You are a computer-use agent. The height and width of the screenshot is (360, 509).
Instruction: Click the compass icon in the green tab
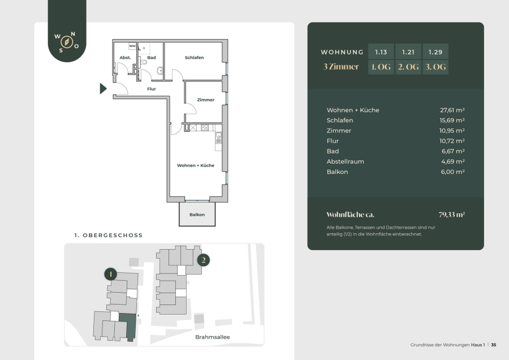click(x=67, y=42)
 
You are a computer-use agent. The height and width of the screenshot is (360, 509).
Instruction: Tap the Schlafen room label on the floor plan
click(x=194, y=58)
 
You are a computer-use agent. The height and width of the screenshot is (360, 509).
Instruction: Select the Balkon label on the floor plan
click(x=197, y=215)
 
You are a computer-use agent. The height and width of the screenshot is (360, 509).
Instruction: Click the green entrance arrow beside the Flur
click(x=103, y=88)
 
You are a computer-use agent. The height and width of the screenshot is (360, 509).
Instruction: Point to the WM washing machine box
click(x=132, y=46)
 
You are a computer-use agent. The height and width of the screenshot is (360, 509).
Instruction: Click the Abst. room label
click(x=126, y=58)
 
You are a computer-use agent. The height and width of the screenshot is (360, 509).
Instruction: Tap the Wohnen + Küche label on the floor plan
click(x=196, y=165)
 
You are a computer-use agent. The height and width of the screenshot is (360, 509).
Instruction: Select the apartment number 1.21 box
click(x=408, y=52)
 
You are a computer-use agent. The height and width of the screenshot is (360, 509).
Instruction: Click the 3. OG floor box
click(x=435, y=67)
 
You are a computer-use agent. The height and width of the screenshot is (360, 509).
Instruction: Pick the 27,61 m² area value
click(x=452, y=110)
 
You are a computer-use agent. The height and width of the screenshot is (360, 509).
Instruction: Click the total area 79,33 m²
click(x=451, y=215)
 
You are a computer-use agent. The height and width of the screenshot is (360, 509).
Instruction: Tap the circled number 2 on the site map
click(x=204, y=260)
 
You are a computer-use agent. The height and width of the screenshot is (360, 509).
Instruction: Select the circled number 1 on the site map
click(x=110, y=274)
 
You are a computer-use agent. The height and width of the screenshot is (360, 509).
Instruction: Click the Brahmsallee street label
click(x=212, y=337)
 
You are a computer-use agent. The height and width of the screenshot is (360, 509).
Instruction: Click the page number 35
click(x=493, y=345)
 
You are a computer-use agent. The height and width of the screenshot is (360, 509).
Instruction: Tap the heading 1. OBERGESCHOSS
click(x=109, y=235)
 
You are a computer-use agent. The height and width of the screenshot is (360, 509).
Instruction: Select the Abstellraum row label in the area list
click(x=345, y=161)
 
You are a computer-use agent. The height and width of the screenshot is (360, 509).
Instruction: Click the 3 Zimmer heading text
click(x=341, y=67)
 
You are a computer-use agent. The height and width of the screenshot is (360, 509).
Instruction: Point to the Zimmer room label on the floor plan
click(x=205, y=100)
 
